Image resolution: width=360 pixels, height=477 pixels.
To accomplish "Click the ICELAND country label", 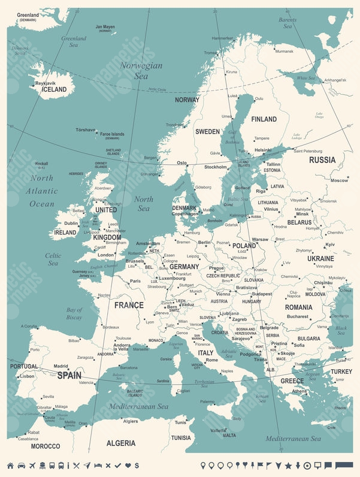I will point(54,89).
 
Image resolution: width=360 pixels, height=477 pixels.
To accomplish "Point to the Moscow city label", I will point(339,180).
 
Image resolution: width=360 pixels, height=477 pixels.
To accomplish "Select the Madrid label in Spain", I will point(60,366).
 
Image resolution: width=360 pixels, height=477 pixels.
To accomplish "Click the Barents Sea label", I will point(288,23).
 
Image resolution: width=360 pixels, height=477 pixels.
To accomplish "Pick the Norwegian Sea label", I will point(140,71).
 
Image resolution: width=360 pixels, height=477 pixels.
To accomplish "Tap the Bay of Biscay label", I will point(74,313).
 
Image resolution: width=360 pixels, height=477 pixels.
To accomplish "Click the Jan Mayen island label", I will point(105,27).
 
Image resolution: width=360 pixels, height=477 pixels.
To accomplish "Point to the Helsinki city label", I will point(263,150).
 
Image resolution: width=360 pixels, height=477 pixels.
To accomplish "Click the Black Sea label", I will point(341,331).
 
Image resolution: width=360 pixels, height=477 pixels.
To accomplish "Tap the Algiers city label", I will point(131,421).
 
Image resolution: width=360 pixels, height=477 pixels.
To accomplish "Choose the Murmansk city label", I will point(284,51).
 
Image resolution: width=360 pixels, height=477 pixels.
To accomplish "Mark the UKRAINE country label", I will point(320,258).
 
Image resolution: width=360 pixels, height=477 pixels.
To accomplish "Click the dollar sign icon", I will point(137,466).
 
